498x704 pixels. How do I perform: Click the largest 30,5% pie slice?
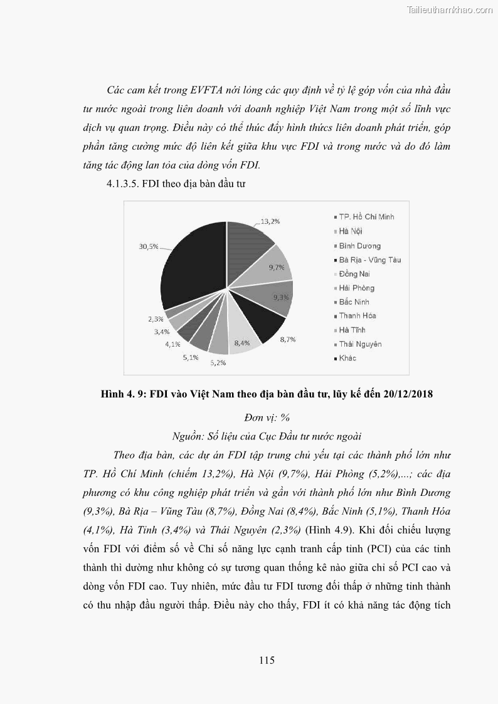pyautogui.click(x=191, y=263)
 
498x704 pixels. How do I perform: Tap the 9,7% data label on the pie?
pyautogui.click(x=277, y=268)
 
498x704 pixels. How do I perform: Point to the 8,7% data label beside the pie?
pyautogui.click(x=287, y=339)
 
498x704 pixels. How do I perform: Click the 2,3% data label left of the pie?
pyautogui.click(x=156, y=319)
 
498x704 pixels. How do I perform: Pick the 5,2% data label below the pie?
pyautogui.click(x=218, y=362)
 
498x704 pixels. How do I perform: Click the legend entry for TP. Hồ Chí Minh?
pyautogui.click(x=366, y=217)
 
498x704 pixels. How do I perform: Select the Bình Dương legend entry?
pyautogui.click(x=359, y=246)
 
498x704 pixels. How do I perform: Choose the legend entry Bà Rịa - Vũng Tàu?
pyautogui.click(x=369, y=260)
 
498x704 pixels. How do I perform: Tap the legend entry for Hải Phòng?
pyautogui.click(x=356, y=288)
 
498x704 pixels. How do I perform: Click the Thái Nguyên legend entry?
pyautogui.click(x=360, y=344)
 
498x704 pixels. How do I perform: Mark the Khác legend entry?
pyautogui.click(x=347, y=359)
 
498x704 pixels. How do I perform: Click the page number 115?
pyautogui.click(x=267, y=659)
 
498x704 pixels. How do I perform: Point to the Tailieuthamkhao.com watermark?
pyautogui.click(x=450, y=9)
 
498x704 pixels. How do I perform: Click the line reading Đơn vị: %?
pyautogui.click(x=267, y=418)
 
